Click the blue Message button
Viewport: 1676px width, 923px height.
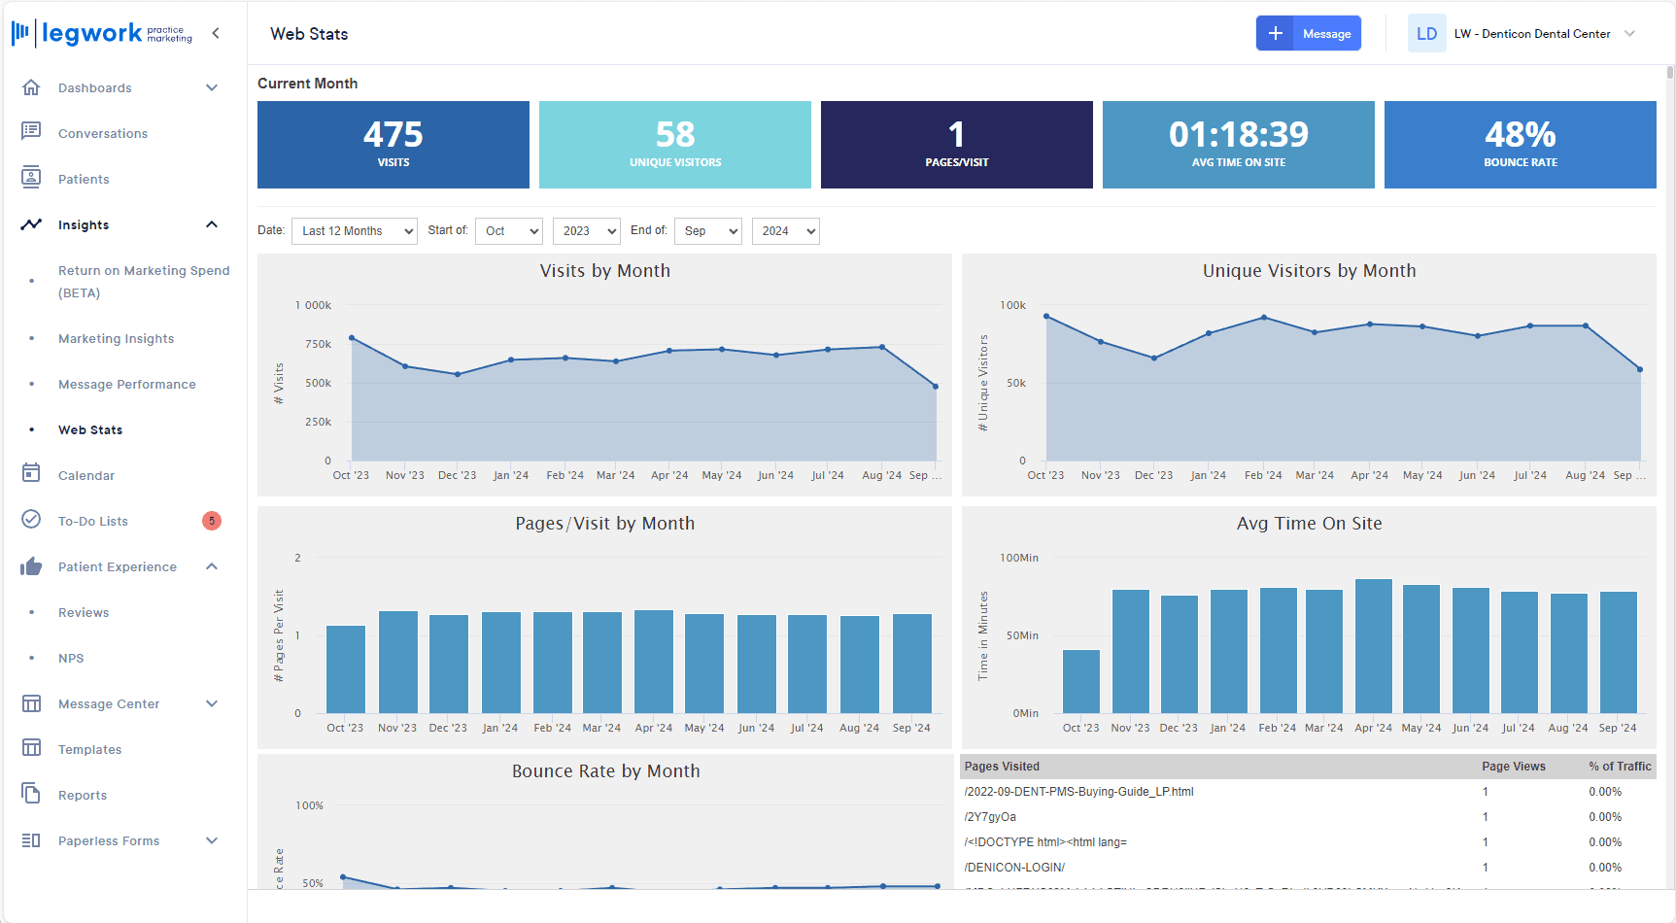coord(1308,34)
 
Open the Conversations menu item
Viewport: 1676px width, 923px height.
coord(102,134)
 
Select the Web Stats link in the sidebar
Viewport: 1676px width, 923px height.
coord(90,430)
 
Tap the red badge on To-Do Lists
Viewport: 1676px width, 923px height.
coord(212,521)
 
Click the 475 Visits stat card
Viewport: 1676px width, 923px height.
coord(393,145)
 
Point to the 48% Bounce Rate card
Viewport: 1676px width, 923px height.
coord(1520,145)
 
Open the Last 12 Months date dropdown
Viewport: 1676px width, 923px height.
coord(354,231)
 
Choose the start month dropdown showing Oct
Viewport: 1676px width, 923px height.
coord(508,231)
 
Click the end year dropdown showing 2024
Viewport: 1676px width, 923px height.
coord(785,231)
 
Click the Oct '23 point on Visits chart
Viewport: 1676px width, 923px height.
coord(352,338)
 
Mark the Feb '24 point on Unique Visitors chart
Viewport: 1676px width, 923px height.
coord(1264,318)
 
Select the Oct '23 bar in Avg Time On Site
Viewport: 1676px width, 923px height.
coord(1081,681)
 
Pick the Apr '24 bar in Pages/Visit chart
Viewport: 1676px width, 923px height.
coord(654,662)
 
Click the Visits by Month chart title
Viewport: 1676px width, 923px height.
coord(604,271)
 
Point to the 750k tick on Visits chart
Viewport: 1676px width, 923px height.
coord(318,345)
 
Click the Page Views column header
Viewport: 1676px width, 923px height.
coord(1513,767)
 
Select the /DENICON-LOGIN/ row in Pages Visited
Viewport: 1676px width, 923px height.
coord(1014,868)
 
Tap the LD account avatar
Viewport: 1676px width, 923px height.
coord(1426,34)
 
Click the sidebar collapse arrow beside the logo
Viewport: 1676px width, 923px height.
coord(216,33)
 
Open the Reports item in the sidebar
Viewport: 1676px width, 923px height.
coord(83,796)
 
